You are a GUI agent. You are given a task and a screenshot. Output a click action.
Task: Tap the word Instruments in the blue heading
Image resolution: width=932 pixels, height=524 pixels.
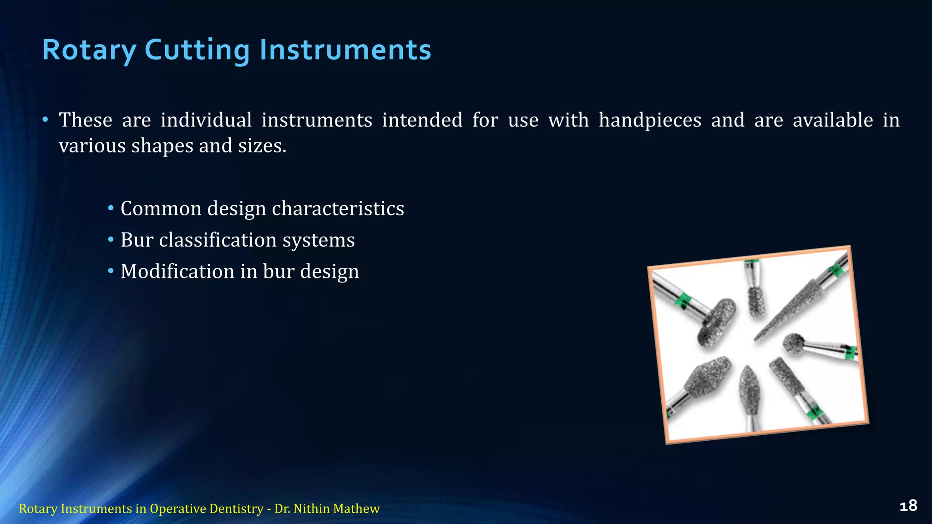345,50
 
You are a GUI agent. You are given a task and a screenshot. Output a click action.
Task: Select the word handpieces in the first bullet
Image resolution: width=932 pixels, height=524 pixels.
650,121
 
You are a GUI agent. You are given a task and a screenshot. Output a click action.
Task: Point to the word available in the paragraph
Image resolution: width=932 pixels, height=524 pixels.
833,121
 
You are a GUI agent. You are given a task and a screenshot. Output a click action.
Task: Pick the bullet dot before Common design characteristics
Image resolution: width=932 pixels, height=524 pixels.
111,209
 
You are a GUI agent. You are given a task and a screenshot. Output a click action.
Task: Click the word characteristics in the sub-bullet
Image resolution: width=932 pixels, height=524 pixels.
338,209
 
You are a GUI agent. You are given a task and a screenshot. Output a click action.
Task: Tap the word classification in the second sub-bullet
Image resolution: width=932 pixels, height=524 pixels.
218,240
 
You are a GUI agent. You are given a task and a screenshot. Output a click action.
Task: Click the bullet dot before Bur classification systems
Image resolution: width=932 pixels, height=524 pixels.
111,240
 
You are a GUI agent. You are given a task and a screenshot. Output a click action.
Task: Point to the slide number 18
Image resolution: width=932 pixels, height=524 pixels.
908,506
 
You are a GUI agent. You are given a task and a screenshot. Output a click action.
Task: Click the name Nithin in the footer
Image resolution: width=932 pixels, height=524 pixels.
313,509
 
